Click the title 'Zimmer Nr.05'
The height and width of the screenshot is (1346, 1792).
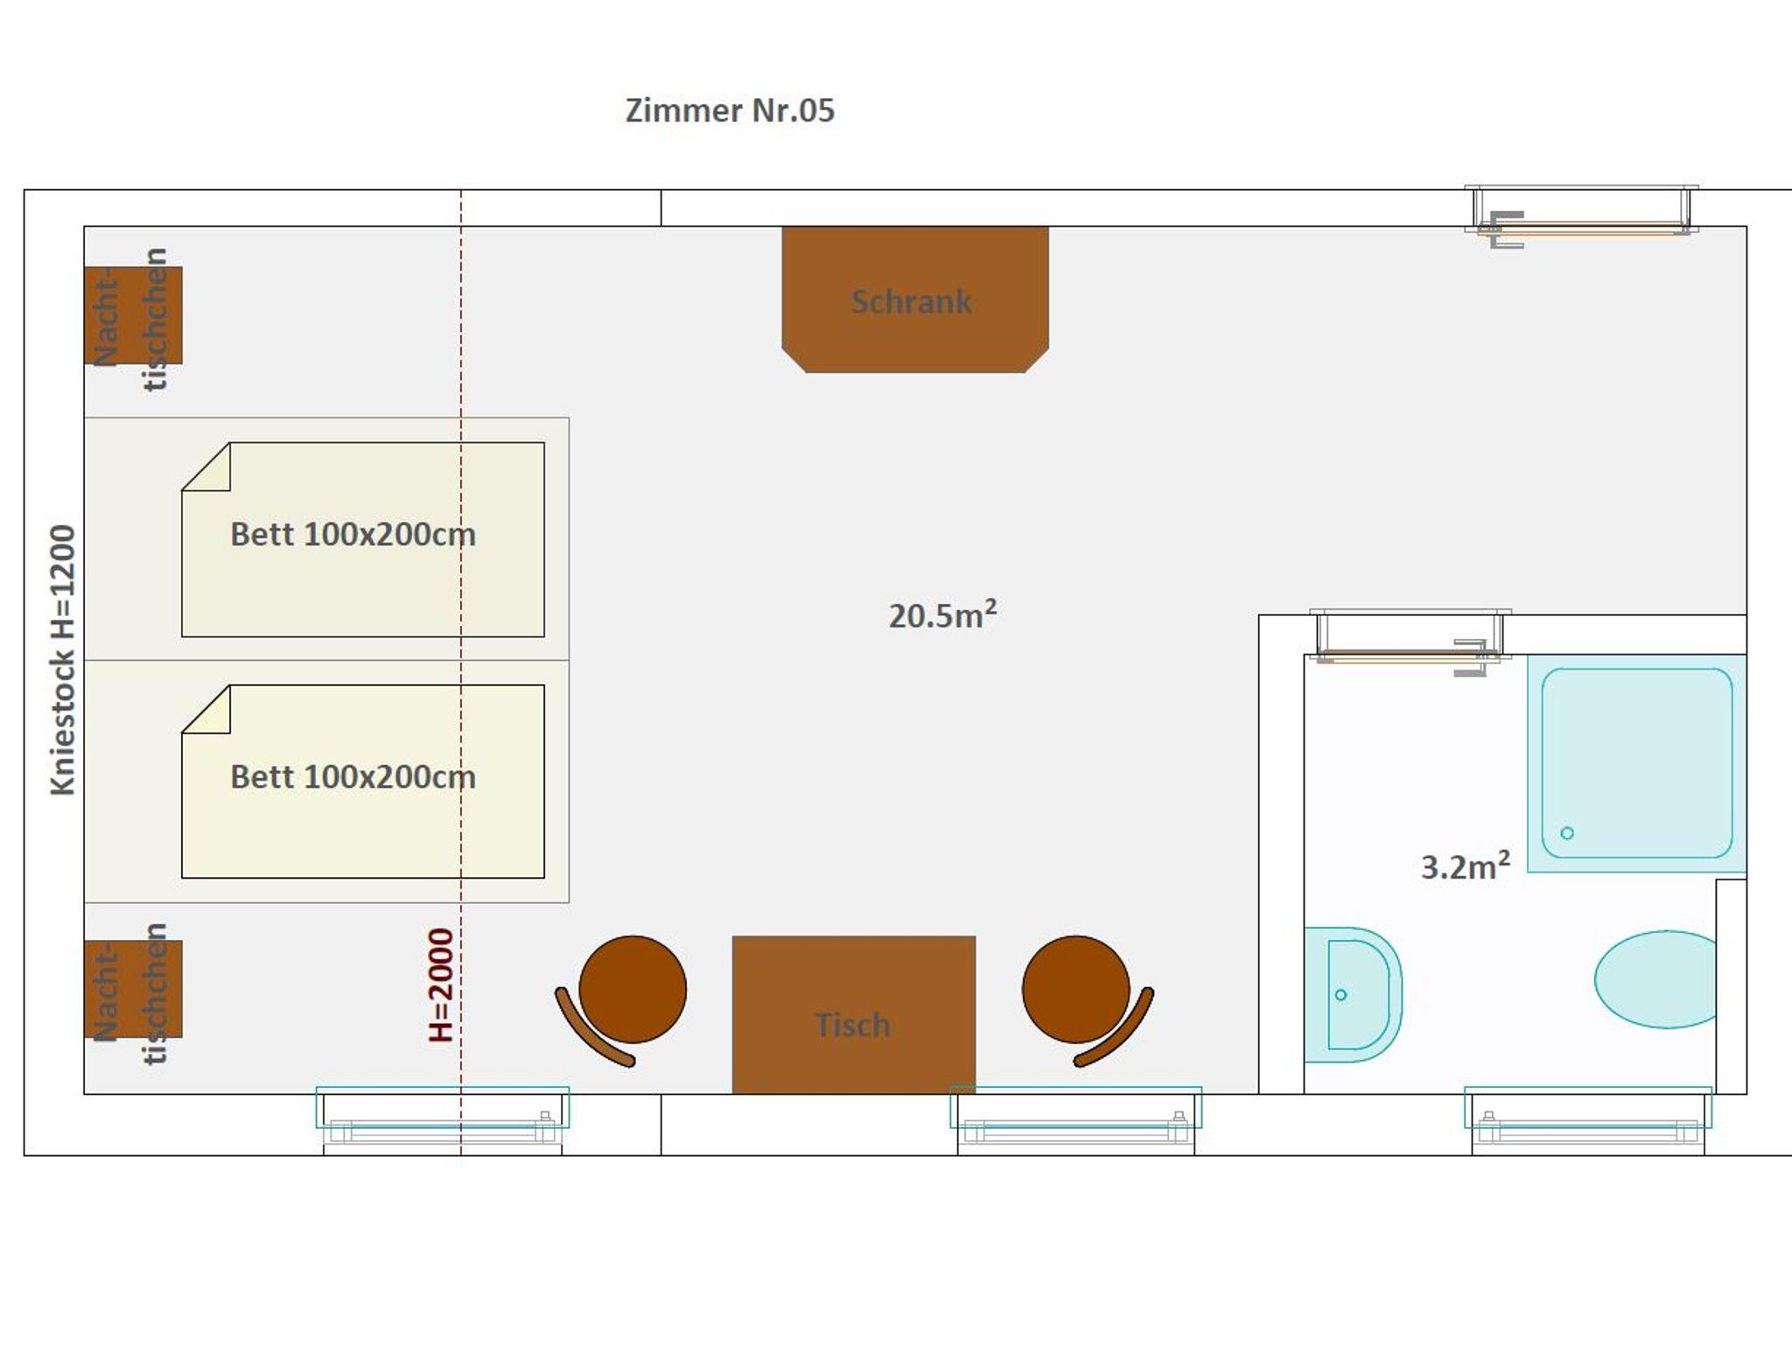730,110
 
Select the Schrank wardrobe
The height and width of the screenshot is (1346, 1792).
914,299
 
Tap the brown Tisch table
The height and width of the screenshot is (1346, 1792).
853,1014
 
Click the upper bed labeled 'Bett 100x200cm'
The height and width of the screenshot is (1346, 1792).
362,539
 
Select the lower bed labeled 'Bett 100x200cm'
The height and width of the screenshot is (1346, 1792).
362,782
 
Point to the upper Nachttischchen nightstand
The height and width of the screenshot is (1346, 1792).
133,315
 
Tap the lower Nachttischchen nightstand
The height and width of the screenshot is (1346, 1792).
133,989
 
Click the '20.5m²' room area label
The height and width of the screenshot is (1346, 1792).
942,614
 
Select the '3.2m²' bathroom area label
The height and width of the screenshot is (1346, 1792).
1465,866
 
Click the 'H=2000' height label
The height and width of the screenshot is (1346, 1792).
441,985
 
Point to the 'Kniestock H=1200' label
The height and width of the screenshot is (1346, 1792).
63,660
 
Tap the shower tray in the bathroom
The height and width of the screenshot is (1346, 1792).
1636,763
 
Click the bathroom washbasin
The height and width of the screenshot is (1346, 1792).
1353,994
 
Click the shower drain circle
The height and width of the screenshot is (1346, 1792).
1567,833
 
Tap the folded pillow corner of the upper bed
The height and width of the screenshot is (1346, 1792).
206,466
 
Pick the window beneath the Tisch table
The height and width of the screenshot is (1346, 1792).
1075,1119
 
